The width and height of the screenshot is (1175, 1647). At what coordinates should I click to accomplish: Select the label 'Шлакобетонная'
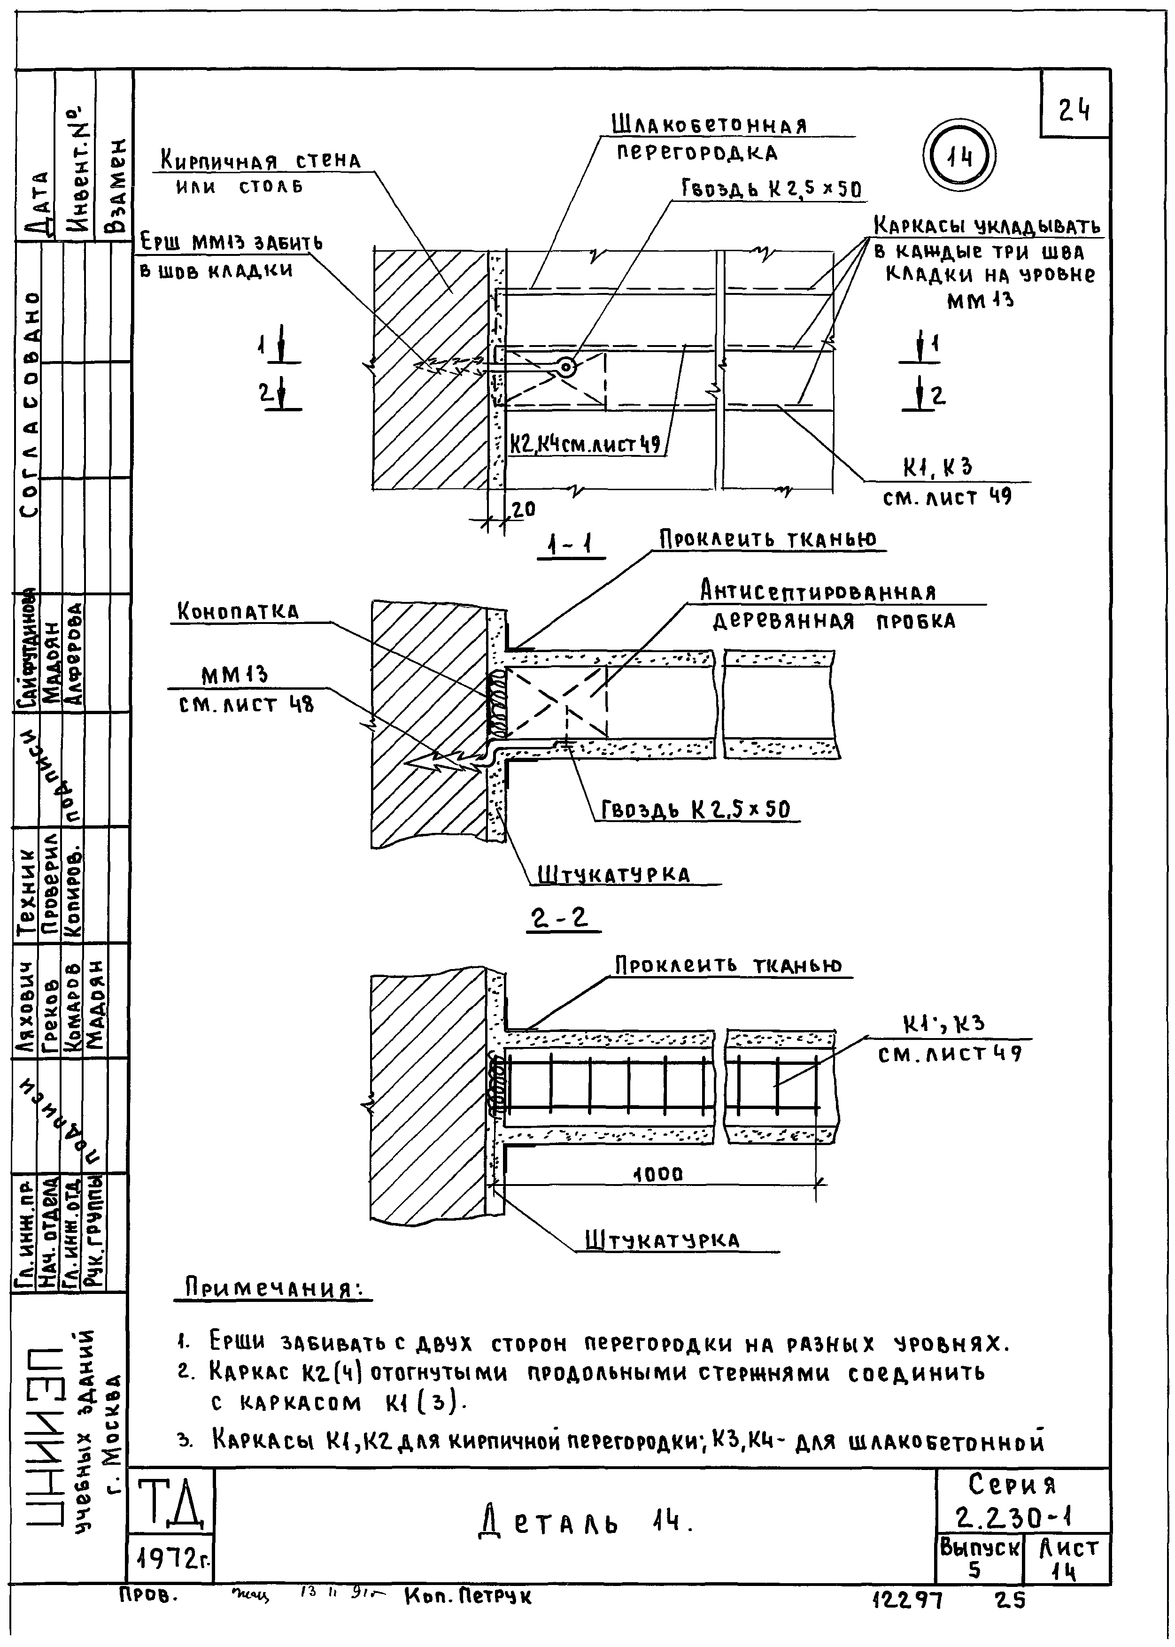point(709,125)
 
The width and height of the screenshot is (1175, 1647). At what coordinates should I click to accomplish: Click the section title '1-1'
point(569,545)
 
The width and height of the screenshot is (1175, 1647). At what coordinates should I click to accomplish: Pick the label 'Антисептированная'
point(818,593)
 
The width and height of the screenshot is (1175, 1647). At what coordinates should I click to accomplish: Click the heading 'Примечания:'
point(273,1288)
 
